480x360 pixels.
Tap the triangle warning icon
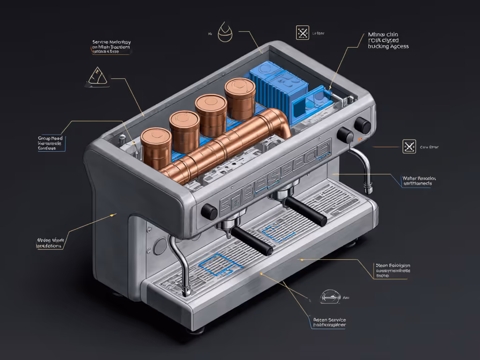97,77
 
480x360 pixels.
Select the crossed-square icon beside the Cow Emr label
409,146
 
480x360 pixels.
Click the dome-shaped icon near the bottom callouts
330,296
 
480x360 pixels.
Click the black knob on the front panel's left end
209,212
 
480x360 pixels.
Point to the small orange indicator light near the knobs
359,139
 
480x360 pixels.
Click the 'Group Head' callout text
50,139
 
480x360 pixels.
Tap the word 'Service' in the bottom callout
335,319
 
